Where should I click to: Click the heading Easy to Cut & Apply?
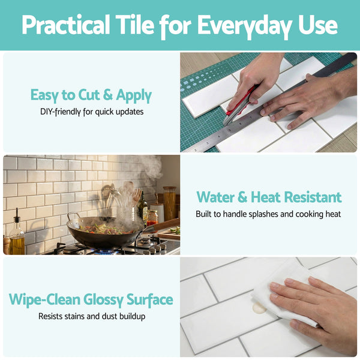tap(91, 95)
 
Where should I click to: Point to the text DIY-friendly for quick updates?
tap(91, 112)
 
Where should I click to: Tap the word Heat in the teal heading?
tap(278, 197)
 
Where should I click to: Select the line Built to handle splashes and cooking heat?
tap(268, 214)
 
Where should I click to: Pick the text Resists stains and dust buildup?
tap(91, 316)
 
